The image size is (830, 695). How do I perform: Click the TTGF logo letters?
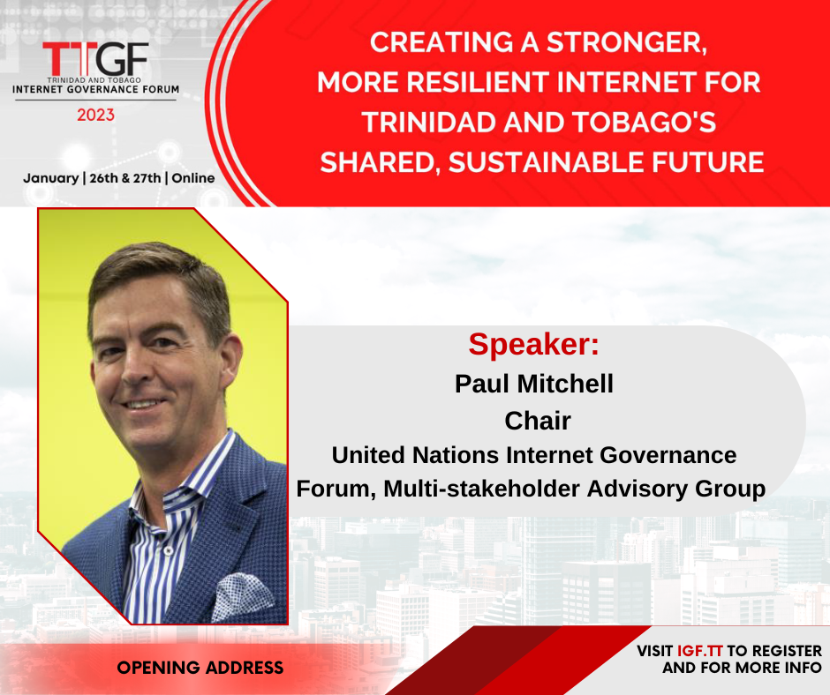click(96, 59)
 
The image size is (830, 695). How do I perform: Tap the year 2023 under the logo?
click(96, 115)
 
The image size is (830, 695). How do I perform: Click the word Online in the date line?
click(193, 177)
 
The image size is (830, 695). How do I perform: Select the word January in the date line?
click(51, 178)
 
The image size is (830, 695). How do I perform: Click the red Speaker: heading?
click(533, 344)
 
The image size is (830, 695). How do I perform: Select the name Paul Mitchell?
click(534, 384)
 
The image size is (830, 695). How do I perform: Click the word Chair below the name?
click(538, 421)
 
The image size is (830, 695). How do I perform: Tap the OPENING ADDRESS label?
click(200, 668)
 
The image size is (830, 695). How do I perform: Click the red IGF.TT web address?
click(700, 651)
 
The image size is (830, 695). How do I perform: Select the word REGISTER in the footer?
click(787, 651)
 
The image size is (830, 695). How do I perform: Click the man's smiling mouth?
click(143, 404)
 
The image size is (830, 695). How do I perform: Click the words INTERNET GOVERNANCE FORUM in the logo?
click(96, 89)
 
